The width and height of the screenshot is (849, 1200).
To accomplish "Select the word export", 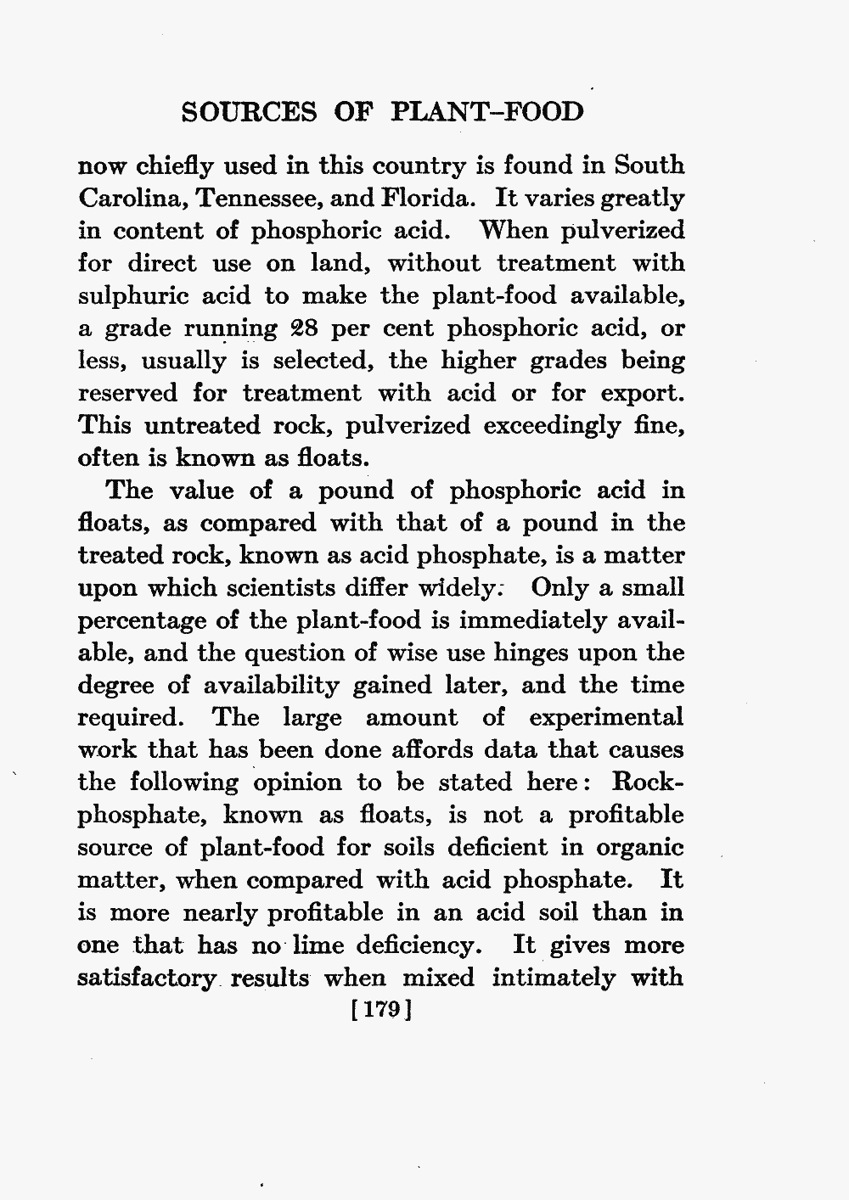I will pos(642,394).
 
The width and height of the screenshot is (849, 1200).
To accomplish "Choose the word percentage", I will pos(139,621).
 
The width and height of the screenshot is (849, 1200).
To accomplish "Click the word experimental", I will pos(606,718).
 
